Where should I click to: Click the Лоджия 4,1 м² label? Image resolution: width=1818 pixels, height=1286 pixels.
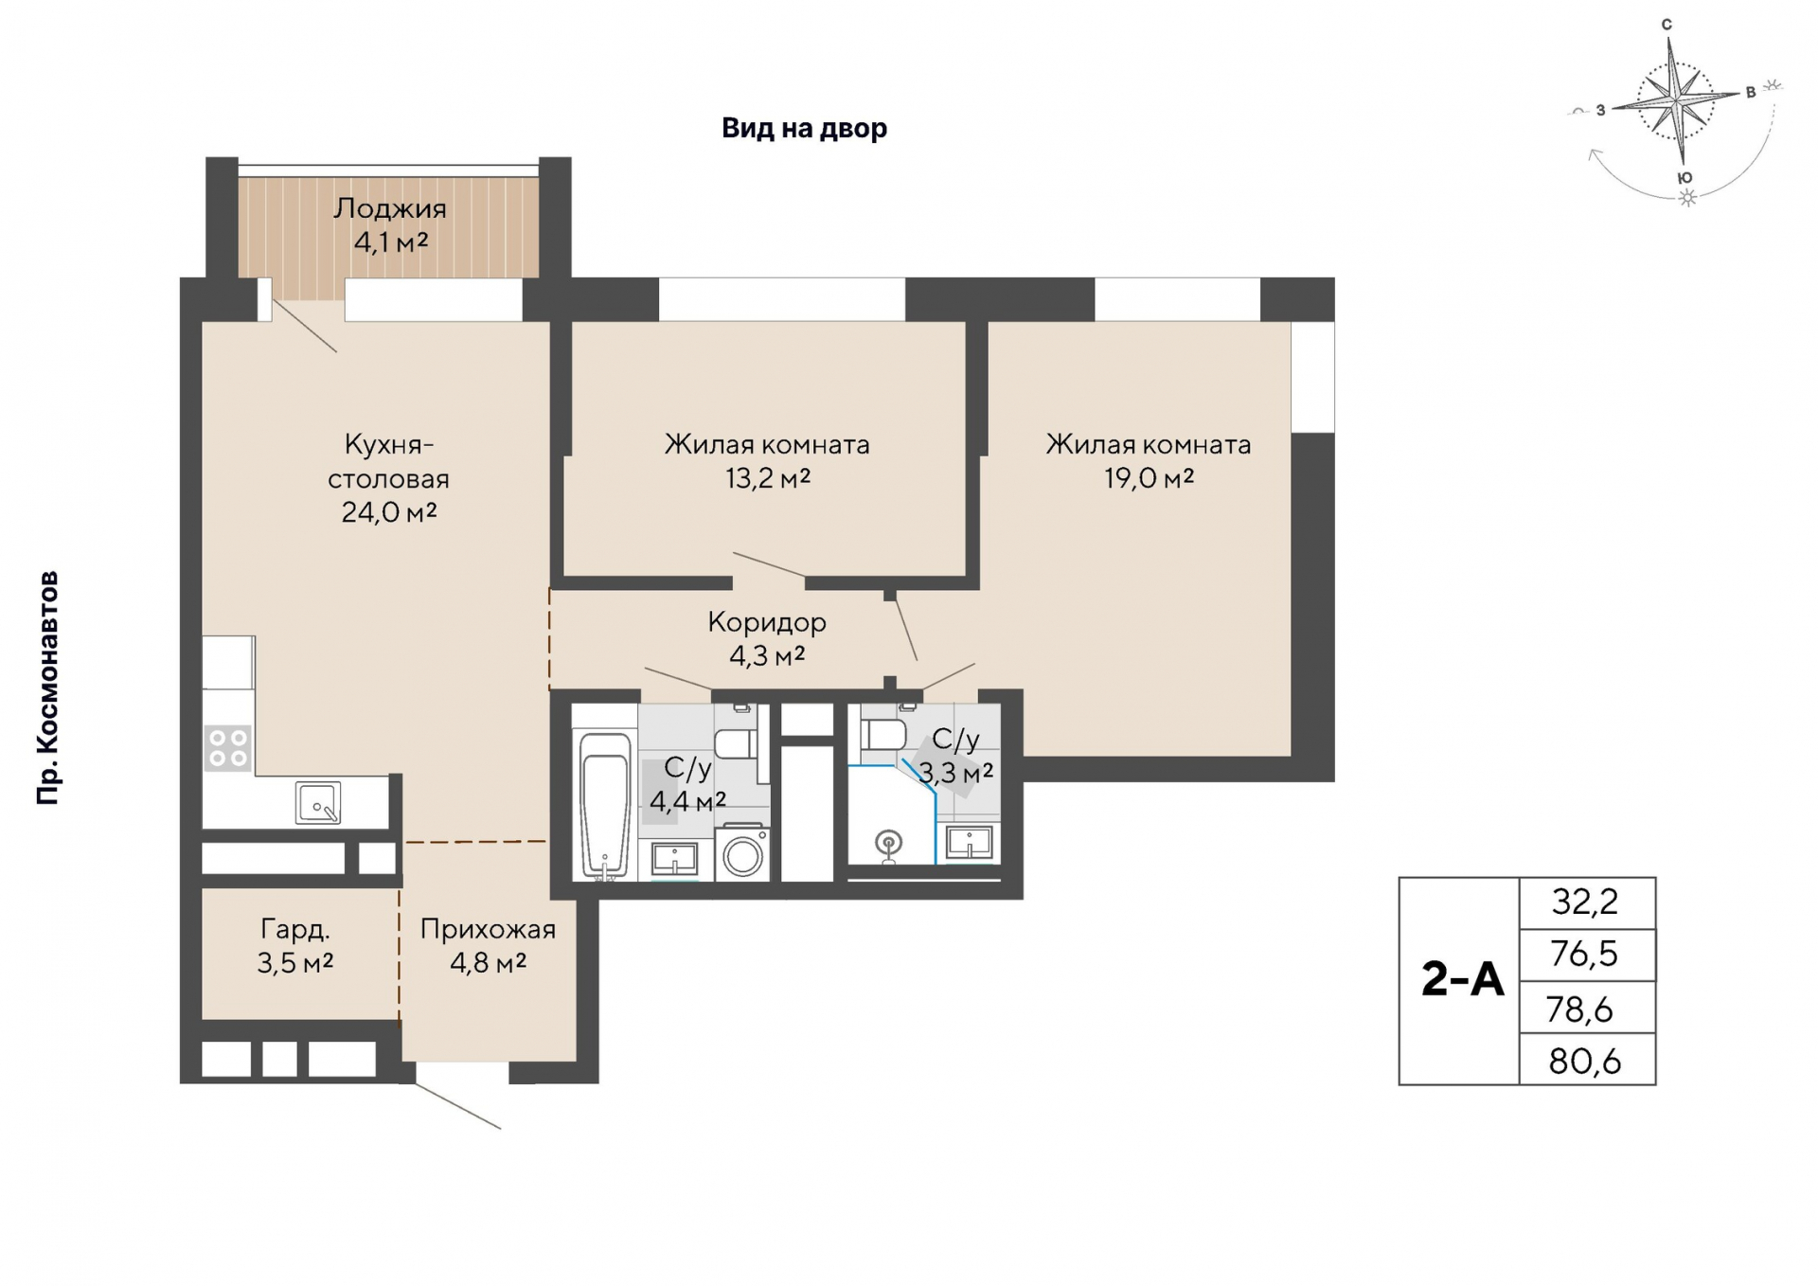390,225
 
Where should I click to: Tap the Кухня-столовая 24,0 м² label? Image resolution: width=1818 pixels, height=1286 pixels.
389,478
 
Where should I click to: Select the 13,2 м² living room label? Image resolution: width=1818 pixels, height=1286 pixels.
767,461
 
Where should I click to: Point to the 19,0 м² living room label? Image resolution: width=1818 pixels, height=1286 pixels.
1149,461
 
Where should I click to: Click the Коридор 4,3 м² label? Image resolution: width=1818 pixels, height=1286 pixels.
767,638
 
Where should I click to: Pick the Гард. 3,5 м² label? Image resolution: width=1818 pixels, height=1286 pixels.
295,945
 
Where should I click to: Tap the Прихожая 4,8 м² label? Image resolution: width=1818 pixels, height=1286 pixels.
488,945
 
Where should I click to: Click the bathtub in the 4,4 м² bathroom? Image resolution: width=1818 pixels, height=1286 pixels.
605,805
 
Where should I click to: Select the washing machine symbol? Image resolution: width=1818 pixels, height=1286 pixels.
742,853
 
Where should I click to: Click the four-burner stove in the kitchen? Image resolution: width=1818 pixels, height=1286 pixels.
228,747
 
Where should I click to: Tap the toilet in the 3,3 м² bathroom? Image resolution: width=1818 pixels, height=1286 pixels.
882,733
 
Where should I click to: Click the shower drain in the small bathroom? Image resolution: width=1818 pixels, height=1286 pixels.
888,842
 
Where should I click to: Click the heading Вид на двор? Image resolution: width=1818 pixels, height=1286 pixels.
805,128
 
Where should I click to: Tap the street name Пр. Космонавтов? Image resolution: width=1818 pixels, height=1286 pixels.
47,688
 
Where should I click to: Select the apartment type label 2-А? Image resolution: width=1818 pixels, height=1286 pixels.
1463,980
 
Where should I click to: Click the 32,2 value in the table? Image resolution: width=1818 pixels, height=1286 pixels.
1585,902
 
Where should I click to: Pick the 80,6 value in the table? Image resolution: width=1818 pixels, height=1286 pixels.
1585,1062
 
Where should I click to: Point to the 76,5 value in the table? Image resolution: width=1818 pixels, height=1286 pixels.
1584,954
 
